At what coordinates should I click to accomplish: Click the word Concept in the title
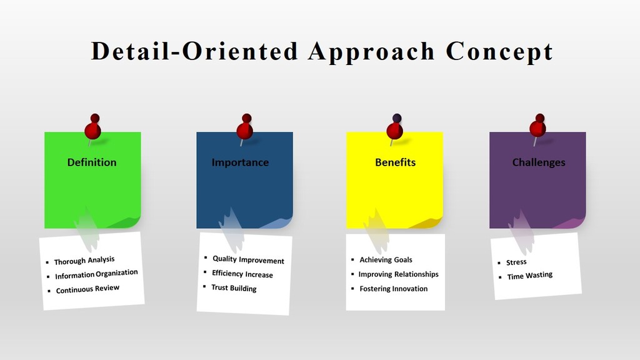coord(499,51)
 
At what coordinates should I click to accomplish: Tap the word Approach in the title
coord(371,52)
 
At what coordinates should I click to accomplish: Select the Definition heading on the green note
coord(92,162)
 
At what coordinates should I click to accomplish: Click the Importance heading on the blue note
coord(240,162)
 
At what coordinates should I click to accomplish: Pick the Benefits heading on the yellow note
coord(395,162)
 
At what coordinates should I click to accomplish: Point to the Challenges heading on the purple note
coord(539,162)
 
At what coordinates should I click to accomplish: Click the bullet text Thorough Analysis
coord(84,261)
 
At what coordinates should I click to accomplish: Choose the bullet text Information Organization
coord(96,274)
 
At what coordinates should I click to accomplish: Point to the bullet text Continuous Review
coord(87,289)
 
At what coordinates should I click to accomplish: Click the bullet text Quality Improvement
coord(248,259)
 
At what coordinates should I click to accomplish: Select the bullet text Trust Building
coord(234,287)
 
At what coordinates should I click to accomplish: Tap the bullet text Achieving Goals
coord(386,260)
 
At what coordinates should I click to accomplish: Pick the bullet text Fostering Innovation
coord(394,289)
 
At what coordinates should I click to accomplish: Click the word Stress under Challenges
coord(516,262)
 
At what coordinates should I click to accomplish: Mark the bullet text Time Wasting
coord(530,276)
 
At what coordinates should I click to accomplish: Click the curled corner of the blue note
coord(277,222)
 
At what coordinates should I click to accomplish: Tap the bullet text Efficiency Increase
coord(242,274)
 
